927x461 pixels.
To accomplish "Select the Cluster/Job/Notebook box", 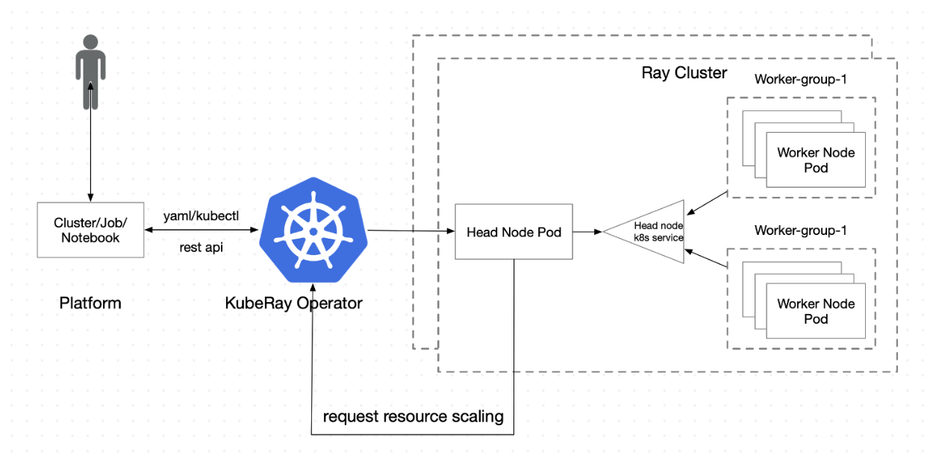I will coord(91,230).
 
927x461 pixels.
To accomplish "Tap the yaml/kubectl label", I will coord(201,217).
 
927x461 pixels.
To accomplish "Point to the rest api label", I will coord(202,247).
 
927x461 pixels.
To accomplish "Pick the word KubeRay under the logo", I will coord(258,303).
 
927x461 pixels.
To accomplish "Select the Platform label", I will coord(90,303).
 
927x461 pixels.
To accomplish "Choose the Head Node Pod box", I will coord(514,232).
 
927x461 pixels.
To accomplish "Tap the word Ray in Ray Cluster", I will coord(655,73).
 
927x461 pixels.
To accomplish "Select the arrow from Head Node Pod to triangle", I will coord(587,232).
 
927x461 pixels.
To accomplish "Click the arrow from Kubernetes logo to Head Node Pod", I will coord(411,231).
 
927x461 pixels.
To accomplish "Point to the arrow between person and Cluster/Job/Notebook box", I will coord(91,142).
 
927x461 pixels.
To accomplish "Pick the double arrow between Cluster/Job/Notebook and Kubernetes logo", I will coord(201,230).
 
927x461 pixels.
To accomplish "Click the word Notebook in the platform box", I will coord(91,237).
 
